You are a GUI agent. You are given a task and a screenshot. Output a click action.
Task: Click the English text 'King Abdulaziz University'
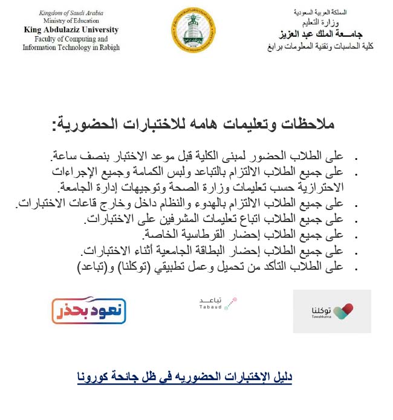coord(71,30)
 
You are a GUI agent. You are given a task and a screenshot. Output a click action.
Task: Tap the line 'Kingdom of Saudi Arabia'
coord(71,13)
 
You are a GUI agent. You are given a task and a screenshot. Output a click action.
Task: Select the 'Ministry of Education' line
coord(71,21)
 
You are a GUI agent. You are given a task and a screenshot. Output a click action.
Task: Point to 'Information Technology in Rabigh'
coord(71,48)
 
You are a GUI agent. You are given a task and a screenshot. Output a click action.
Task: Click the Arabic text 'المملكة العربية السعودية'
coord(321,13)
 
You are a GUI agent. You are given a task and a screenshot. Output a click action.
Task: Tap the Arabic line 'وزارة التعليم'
coord(321,22)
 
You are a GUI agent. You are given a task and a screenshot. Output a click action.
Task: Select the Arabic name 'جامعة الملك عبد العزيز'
coord(321,33)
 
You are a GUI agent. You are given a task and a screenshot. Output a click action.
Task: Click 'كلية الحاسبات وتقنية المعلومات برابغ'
coord(321,46)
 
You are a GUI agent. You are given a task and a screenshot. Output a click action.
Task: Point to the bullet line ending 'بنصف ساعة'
coord(205,154)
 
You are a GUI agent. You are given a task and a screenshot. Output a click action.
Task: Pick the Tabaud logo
coord(217,303)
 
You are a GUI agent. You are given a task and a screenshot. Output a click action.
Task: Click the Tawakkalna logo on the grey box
coord(332,311)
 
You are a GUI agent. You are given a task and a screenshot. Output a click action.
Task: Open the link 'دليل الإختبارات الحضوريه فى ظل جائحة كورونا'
coord(185,378)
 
